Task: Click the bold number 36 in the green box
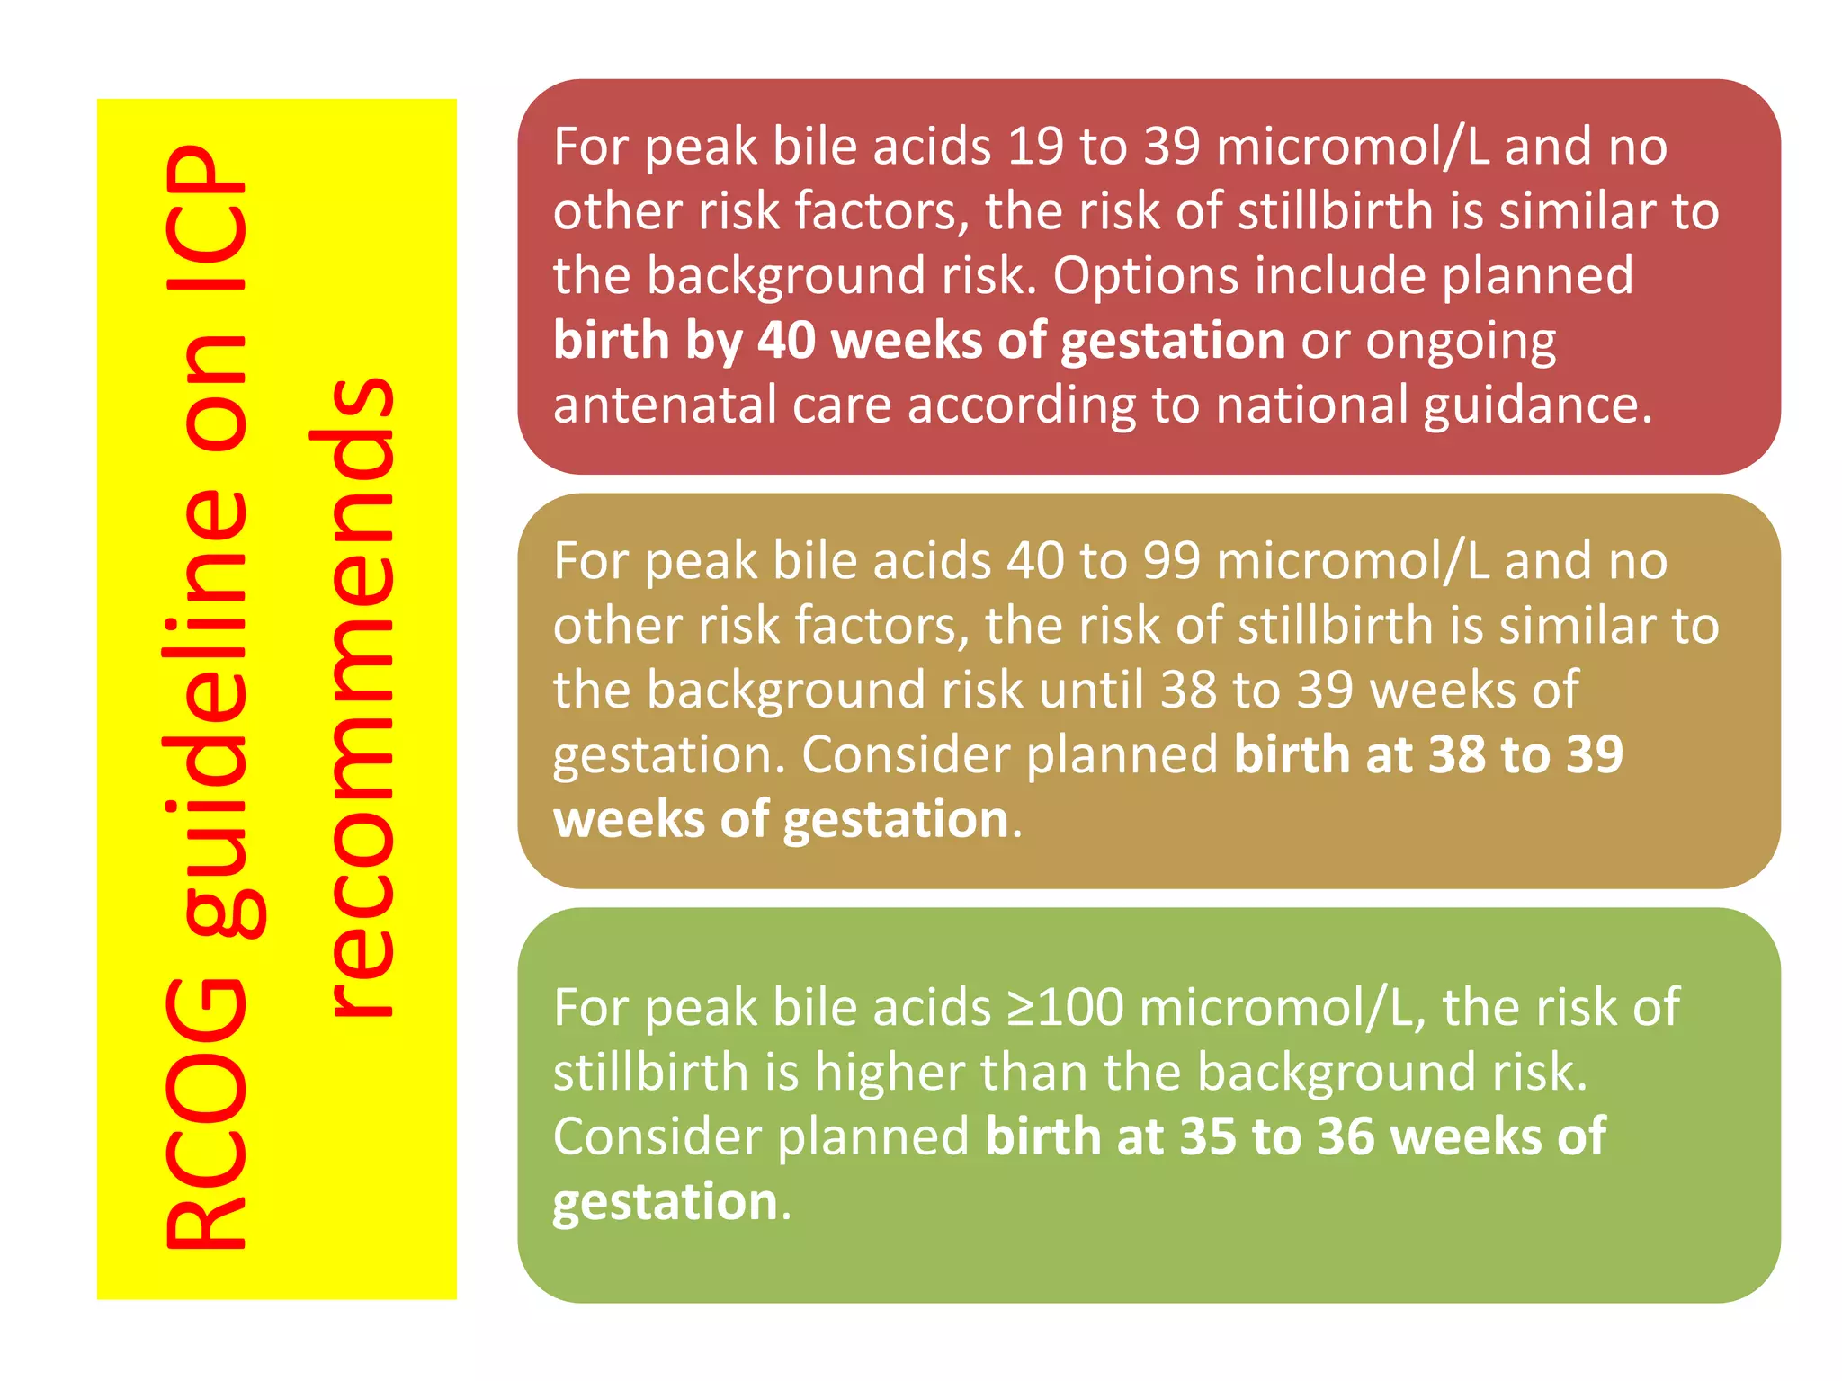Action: [x=1346, y=1136]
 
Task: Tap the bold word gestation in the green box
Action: [x=665, y=1203]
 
